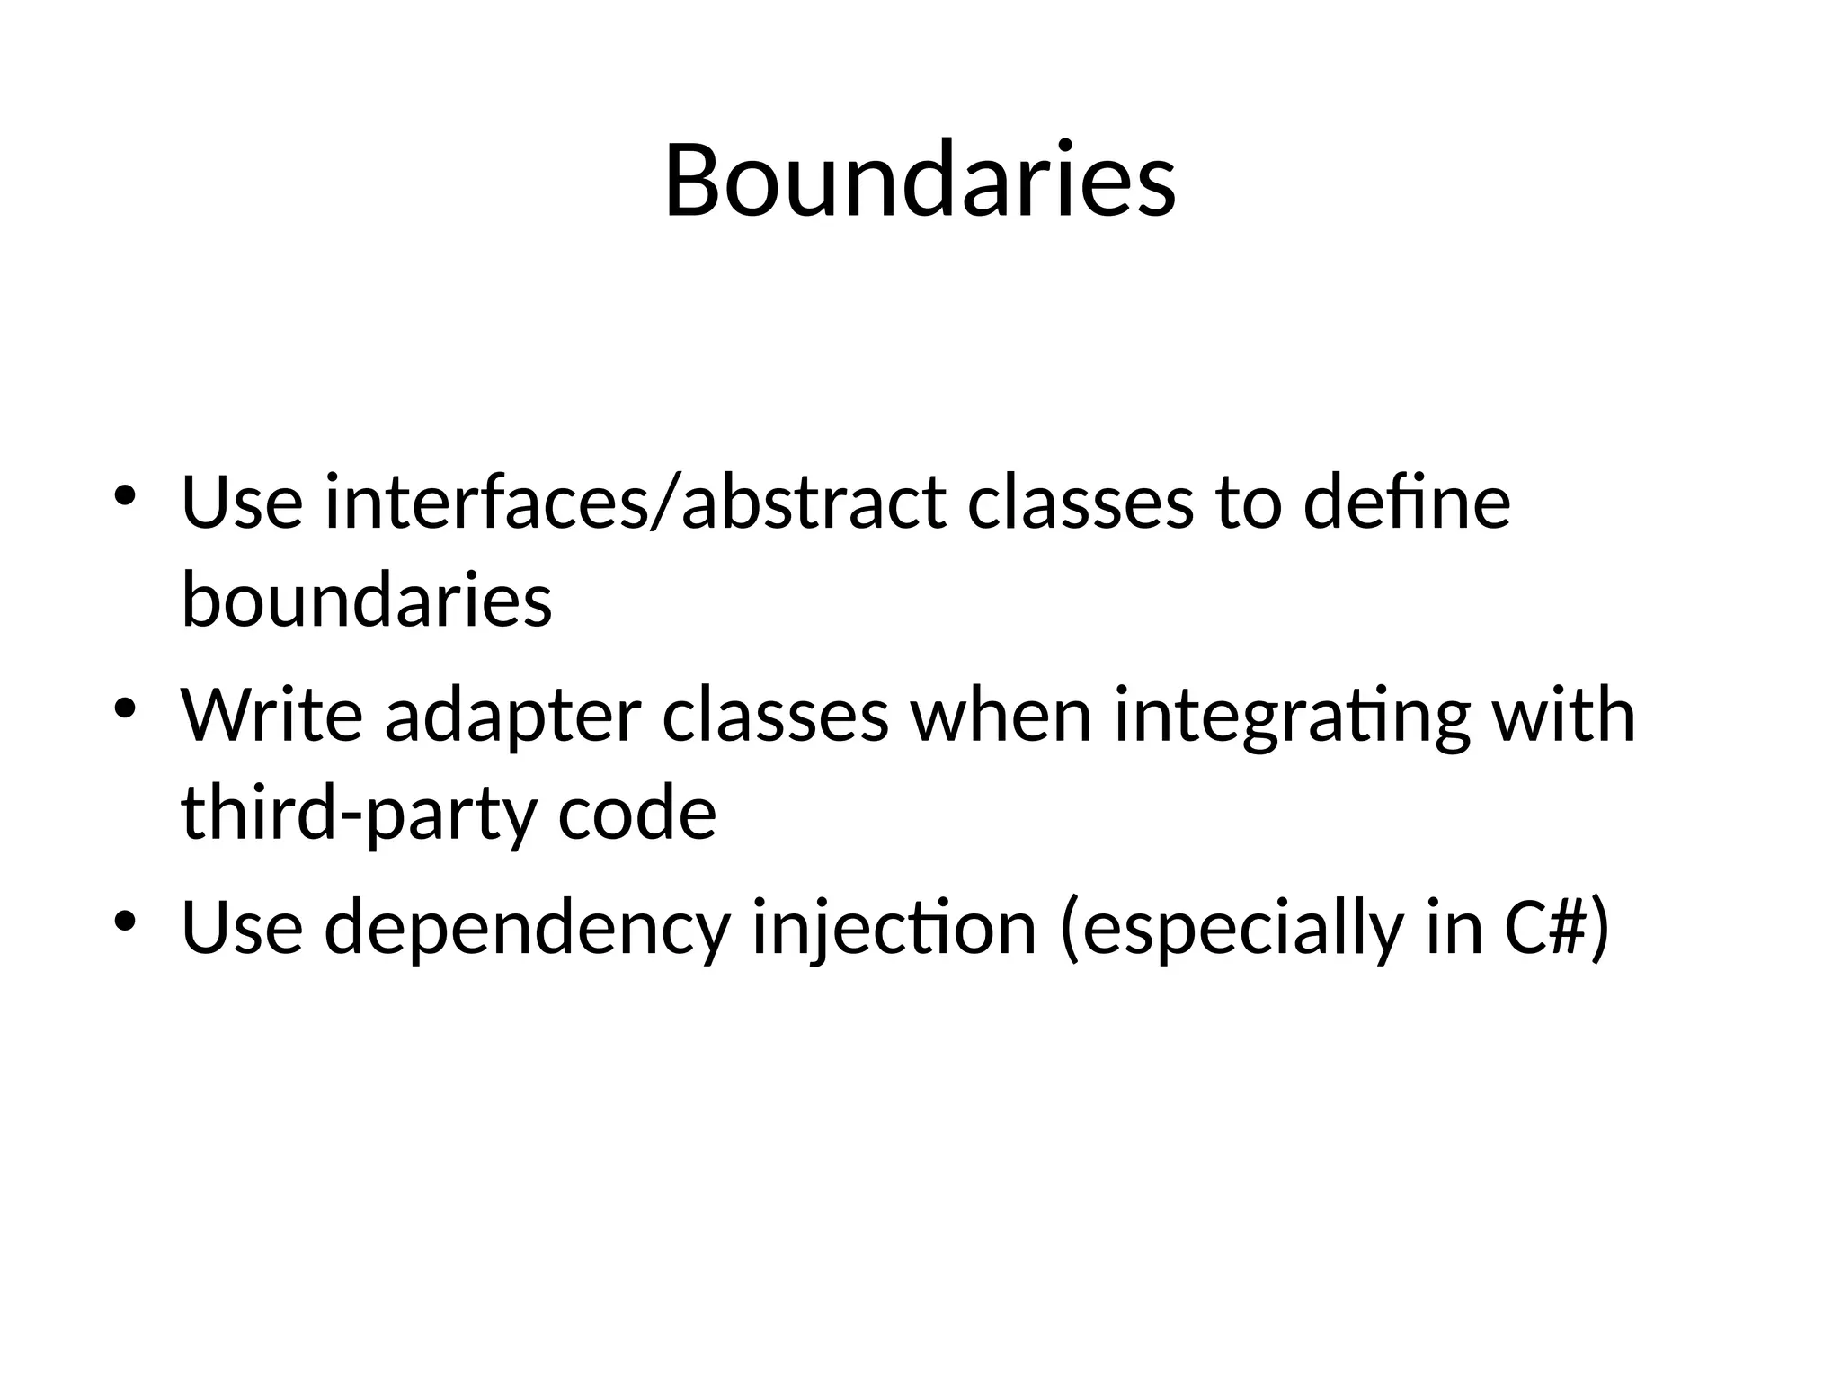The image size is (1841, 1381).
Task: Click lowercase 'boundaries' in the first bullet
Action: click(x=367, y=601)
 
